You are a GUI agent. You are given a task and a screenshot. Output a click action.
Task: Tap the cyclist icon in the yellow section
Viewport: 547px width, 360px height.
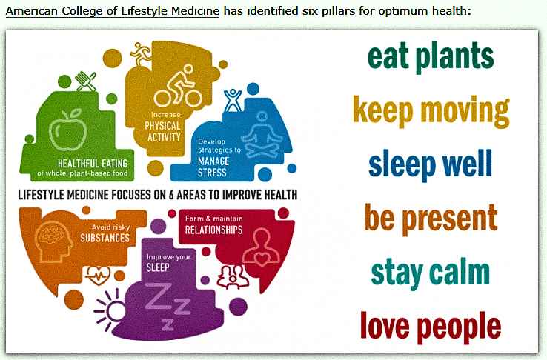click(172, 88)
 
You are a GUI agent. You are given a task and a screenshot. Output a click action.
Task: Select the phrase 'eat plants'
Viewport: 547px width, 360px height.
click(431, 56)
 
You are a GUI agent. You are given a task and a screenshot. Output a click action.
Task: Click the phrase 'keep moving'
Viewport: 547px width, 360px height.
click(431, 110)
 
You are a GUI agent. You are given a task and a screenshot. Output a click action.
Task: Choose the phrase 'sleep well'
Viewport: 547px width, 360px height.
click(431, 164)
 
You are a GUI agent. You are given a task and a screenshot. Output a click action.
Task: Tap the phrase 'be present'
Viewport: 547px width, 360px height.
click(431, 218)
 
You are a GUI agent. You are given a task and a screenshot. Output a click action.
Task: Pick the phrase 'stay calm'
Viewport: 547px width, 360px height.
click(431, 271)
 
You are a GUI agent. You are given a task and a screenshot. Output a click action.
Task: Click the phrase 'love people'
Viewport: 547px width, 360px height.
click(431, 324)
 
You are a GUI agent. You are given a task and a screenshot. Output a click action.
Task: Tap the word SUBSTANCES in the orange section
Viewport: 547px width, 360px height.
click(105, 239)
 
